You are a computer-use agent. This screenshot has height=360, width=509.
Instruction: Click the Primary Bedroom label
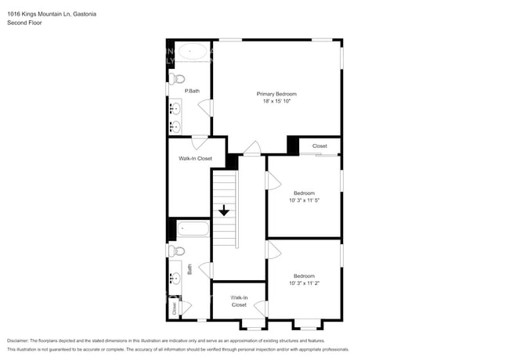pos(276,94)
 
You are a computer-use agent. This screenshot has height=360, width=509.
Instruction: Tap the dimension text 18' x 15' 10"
pos(276,101)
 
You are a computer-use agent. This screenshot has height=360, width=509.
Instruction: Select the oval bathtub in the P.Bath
pos(192,52)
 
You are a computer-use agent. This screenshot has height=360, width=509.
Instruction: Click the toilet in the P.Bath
pos(178,78)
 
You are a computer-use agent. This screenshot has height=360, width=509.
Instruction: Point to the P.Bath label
pos(192,92)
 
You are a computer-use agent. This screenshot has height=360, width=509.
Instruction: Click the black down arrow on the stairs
pos(224,210)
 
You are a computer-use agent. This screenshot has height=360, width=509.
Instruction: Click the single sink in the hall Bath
pos(175,278)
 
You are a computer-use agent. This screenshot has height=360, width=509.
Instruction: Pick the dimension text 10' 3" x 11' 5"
pos(305,200)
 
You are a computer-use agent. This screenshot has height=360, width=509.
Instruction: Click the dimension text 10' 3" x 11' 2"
pos(304,283)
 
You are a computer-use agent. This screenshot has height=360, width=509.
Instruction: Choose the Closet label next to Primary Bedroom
pos(319,146)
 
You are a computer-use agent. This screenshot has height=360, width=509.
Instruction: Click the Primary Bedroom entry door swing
pos(251,147)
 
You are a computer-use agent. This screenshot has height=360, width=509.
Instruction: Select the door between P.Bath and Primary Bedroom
pos(207,107)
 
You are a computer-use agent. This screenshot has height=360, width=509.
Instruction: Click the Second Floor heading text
pos(24,23)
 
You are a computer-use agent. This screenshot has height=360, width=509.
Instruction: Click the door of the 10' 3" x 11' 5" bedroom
pos(273,181)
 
